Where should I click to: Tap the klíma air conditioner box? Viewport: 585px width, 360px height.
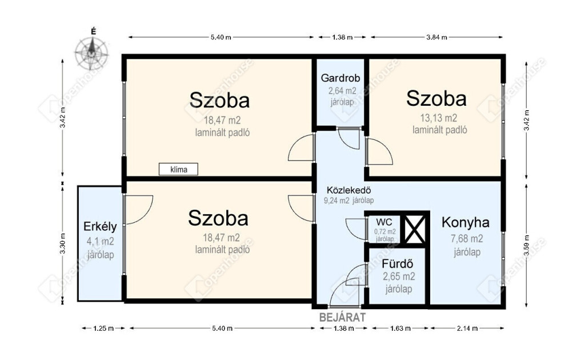[x=178, y=169]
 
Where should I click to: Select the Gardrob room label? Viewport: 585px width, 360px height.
[x=340, y=78]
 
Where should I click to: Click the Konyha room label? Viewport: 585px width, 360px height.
[x=466, y=223]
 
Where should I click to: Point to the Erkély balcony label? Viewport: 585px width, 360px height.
[x=100, y=227]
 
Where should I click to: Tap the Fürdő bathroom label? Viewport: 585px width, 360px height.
[x=398, y=264]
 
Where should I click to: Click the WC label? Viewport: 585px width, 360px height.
[x=384, y=222]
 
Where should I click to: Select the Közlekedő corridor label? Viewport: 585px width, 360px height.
[x=349, y=190]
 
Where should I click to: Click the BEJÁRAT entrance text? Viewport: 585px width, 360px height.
[x=343, y=318]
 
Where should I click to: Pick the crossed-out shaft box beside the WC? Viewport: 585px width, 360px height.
[x=415, y=230]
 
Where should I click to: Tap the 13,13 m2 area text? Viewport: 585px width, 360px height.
[x=438, y=118]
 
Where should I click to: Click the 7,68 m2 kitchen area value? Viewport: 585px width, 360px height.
[x=467, y=238]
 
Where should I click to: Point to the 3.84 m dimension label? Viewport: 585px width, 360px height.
[x=436, y=37]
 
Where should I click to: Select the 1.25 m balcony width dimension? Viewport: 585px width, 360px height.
[x=103, y=329]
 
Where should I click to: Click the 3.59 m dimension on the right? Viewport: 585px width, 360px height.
[x=526, y=245]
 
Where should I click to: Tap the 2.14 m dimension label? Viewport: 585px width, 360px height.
[x=467, y=329]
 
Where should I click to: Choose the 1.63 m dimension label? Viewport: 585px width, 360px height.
[x=400, y=329]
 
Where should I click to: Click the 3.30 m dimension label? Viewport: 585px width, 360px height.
[x=63, y=243]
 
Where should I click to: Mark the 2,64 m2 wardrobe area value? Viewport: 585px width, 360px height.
[x=342, y=91]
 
